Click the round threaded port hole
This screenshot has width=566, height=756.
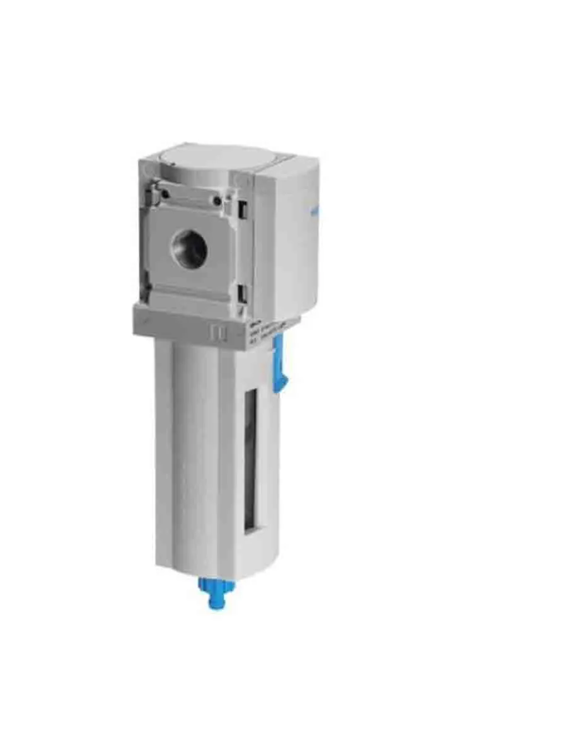pyautogui.click(x=190, y=248)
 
